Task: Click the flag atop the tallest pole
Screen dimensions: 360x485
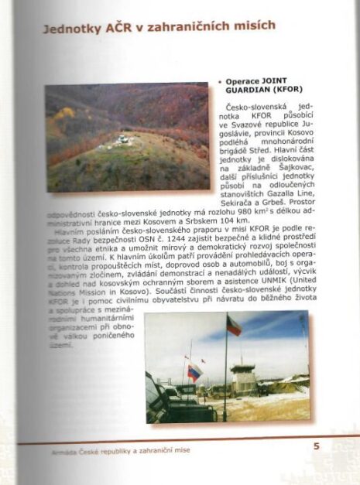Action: pos(233,325)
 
